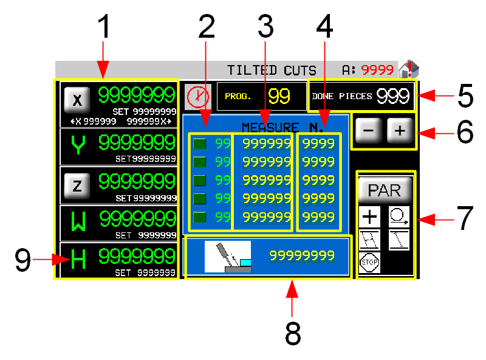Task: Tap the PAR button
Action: pos(385,190)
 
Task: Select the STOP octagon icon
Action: pos(369,263)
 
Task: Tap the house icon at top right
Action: pos(409,69)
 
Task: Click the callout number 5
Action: pos(465,96)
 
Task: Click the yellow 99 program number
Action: pos(279,96)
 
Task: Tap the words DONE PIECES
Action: pos(342,96)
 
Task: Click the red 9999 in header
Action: pos(377,70)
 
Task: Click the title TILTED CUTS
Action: pos(272,70)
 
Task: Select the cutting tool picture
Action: pos(228,256)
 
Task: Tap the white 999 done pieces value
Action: pos(392,95)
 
